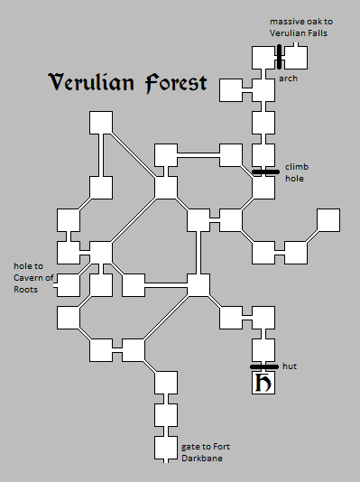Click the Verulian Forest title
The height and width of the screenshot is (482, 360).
coord(127,84)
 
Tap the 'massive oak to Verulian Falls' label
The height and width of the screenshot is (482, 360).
coord(298,27)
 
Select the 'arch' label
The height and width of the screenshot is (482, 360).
coord(288,79)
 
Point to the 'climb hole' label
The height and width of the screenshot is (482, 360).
coord(296,172)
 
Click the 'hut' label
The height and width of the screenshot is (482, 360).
coord(290,366)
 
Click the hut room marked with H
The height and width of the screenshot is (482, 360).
coord(263,383)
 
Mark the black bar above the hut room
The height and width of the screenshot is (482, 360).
coord(263,366)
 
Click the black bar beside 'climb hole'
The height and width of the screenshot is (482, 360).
coord(263,171)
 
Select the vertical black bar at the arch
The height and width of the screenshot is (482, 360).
coord(280,56)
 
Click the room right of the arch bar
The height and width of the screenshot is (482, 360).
coord(296,56)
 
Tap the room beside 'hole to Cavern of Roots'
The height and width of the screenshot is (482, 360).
coord(70,284)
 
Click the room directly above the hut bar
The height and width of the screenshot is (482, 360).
coord(263,348)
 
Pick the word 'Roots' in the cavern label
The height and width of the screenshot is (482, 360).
coord(26,289)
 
